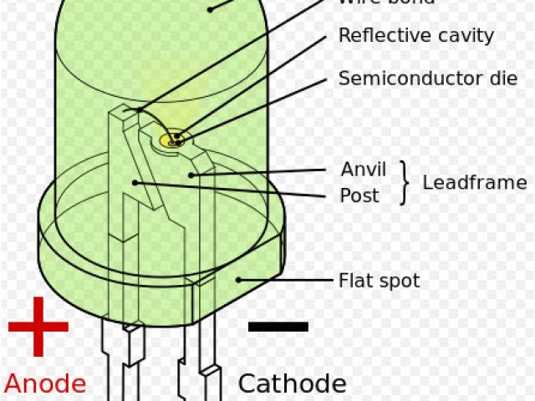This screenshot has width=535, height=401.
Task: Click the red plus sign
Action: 38,327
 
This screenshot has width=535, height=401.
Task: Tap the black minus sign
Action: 278,327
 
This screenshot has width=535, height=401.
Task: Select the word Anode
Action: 45,383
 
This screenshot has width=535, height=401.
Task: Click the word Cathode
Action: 292,383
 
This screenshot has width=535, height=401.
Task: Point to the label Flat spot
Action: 379,281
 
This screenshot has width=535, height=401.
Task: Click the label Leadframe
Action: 474,183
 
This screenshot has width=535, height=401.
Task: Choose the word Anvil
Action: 364,170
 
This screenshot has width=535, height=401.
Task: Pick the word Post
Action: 359,196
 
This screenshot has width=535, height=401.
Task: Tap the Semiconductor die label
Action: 416,79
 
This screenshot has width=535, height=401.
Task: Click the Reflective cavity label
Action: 416,36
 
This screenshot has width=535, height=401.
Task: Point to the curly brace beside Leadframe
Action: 405,183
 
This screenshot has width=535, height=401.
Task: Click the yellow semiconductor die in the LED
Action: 172,139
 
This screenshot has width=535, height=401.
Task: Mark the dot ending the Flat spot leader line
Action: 238,280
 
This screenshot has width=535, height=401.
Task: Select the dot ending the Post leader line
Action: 134,182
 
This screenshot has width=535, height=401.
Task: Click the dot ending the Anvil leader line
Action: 191,175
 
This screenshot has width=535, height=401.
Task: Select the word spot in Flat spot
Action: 397,282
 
